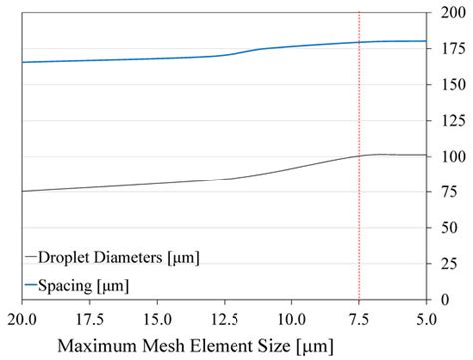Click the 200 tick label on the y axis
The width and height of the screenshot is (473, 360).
click(450, 14)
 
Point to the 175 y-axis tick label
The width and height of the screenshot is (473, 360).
click(450, 49)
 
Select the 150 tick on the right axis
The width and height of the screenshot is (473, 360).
click(450, 85)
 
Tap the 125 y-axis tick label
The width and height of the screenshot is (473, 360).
click(450, 121)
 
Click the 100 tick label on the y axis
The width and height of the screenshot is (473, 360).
click(450, 157)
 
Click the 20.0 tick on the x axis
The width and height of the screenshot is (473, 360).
click(21, 319)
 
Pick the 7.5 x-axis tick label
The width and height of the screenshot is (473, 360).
click(358, 319)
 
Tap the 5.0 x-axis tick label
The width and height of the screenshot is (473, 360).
click(426, 319)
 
